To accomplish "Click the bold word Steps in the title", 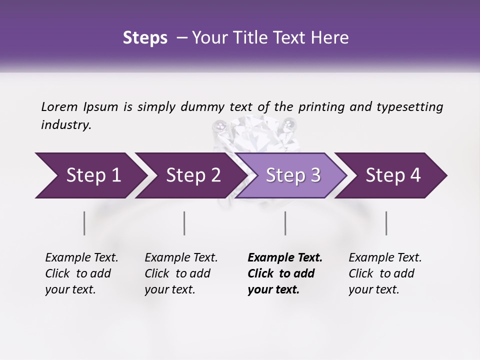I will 145,38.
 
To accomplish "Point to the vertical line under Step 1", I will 84,223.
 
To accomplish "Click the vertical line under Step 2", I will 184,223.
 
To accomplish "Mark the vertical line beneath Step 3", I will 285,223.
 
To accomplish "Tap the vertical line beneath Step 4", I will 386,223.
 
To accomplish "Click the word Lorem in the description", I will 59,107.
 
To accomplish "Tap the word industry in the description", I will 66,125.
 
